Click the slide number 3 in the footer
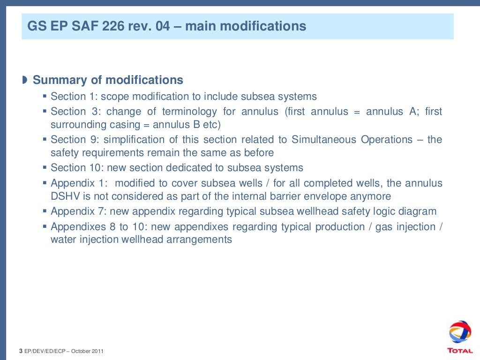click(x=21, y=351)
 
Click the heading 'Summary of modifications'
click(x=108, y=80)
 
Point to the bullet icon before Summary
click(x=24, y=80)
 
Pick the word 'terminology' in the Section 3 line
click(x=189, y=112)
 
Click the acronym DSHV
click(x=64, y=196)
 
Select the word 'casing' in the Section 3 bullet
click(x=124, y=125)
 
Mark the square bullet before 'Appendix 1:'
click(x=45, y=183)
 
